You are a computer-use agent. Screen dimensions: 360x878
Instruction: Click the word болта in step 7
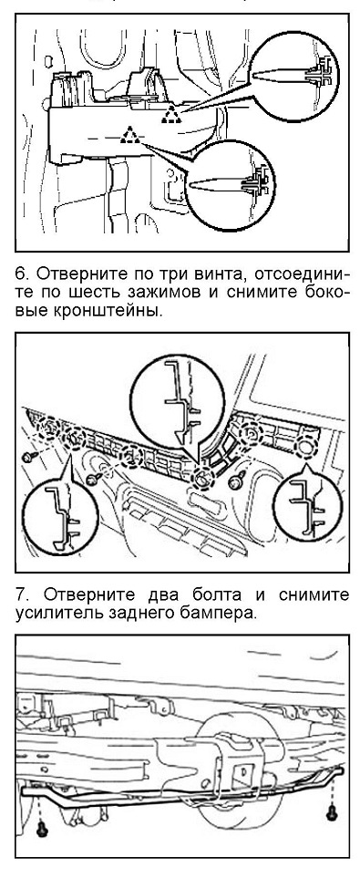pyautogui.click(x=195, y=594)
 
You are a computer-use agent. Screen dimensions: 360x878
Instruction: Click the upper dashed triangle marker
pyautogui.click(x=171, y=116)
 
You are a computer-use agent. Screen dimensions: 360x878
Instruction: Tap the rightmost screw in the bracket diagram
pyautogui.click(x=237, y=480)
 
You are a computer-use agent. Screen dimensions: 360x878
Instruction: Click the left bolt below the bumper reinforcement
pyautogui.click(x=42, y=830)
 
